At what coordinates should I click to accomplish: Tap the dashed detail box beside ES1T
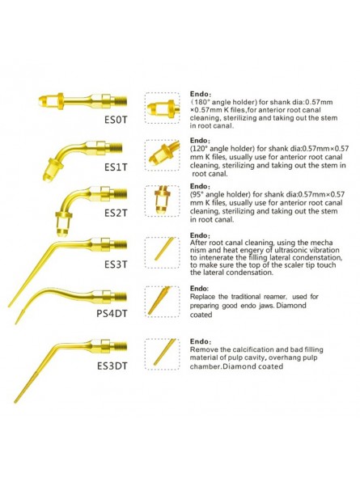click(165, 154)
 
